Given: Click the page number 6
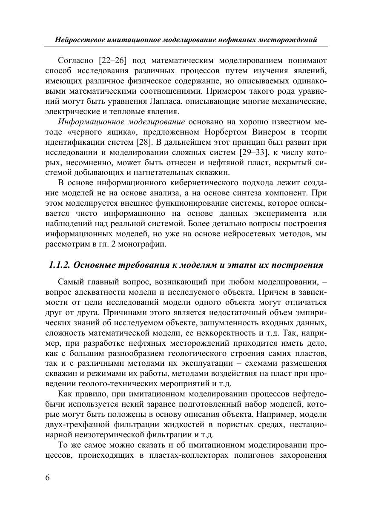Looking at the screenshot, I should [47, 477].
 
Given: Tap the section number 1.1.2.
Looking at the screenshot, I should [60, 265].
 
